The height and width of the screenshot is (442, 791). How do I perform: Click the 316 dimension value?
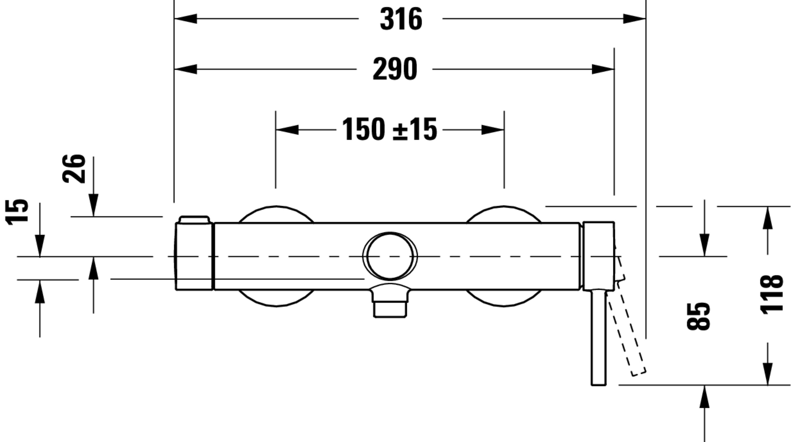click(401, 19)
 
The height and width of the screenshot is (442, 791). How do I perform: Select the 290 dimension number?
click(395, 69)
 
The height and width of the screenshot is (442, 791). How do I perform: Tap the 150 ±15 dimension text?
click(389, 129)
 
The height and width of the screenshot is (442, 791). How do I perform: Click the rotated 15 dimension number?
click(17, 212)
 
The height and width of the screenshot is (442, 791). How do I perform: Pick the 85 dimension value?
click(698, 317)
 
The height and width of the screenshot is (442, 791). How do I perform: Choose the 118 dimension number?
click(771, 295)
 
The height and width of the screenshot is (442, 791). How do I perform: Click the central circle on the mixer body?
click(390, 256)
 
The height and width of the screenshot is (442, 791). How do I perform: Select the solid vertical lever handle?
click(599, 337)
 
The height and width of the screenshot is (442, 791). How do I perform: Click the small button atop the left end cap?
click(194, 220)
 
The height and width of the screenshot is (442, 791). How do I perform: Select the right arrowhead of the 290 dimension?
click(603, 69)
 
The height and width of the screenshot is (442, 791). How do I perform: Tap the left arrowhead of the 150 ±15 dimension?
click(287, 130)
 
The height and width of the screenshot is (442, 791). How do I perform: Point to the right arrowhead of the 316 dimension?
click(634, 19)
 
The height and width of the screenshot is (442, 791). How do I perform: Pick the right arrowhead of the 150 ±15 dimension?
click(493, 130)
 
